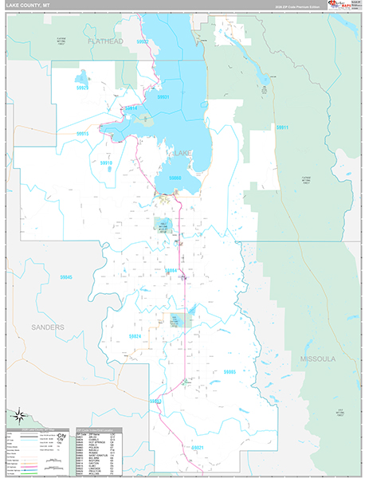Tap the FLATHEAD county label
click(x=106, y=41)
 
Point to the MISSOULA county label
click(x=319, y=359)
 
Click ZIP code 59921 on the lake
click(x=163, y=96)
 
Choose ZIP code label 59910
click(x=106, y=163)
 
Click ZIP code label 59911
click(x=281, y=127)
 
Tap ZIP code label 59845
click(x=66, y=277)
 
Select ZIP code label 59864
click(x=170, y=271)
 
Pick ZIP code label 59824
click(x=135, y=336)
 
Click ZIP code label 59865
click(x=230, y=371)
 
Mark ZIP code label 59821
click(x=198, y=448)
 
